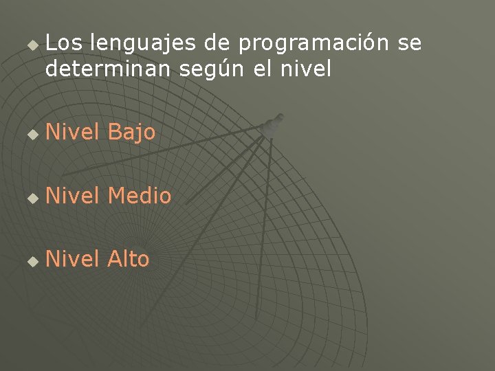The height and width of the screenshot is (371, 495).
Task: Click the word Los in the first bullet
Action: tap(65, 44)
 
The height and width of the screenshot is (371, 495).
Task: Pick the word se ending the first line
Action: tap(410, 45)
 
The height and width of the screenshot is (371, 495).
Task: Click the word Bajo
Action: tap(132, 133)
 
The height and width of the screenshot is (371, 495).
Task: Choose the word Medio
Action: tap(140, 196)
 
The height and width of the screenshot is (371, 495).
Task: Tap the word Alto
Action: tap(129, 259)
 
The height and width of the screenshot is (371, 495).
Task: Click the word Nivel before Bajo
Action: tap(74, 132)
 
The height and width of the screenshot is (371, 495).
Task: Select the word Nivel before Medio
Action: tap(74, 196)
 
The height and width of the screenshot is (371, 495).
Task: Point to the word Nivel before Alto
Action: tap(74, 259)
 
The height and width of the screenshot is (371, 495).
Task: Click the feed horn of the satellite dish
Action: tap(273, 124)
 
